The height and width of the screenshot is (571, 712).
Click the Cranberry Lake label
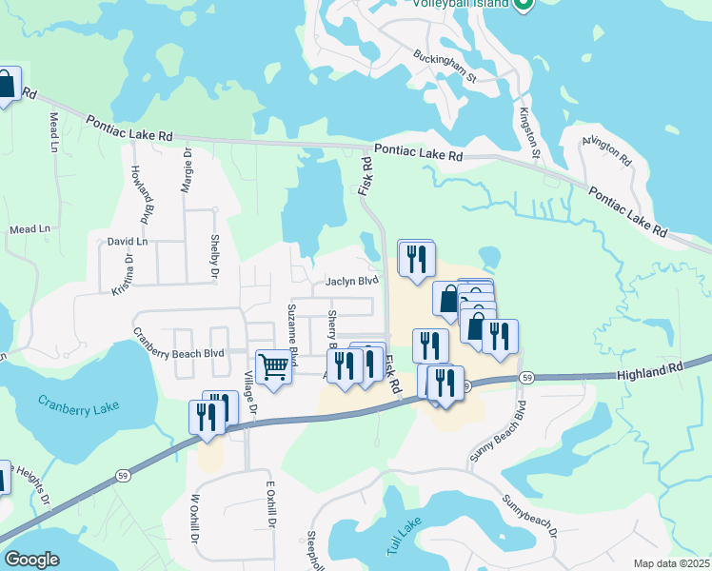coord(79,404)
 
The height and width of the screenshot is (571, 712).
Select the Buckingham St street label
coord(444,69)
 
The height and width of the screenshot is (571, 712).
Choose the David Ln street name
coord(128,242)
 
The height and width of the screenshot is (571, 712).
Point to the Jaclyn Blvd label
coord(352,281)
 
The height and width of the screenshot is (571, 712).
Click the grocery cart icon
coord(273,365)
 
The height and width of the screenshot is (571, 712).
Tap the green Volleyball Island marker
coord(523,5)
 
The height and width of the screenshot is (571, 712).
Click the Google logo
coord(31,560)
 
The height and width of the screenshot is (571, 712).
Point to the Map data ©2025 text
coord(671,563)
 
